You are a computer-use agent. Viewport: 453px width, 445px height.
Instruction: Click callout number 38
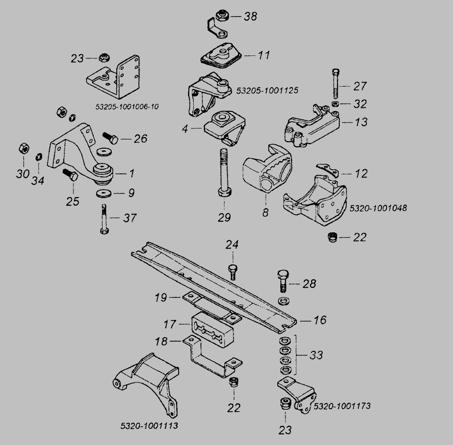pyautogui.click(x=250, y=17)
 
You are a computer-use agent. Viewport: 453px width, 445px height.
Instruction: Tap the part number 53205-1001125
pyautogui.click(x=267, y=91)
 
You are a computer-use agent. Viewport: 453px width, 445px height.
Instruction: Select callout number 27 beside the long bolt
pyautogui.click(x=360, y=86)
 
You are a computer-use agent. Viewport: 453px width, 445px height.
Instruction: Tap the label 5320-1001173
pyautogui.click(x=342, y=406)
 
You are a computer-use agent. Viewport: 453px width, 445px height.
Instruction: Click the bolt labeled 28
pyautogui.click(x=282, y=281)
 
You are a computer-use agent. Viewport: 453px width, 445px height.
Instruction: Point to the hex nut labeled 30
pyautogui.click(x=23, y=149)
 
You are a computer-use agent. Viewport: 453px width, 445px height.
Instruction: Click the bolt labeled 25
pyautogui.click(x=71, y=177)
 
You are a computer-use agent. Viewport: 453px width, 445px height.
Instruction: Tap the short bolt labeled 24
pyautogui.click(x=233, y=270)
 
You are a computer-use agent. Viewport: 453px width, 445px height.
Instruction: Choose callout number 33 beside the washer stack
pyautogui.click(x=316, y=355)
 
